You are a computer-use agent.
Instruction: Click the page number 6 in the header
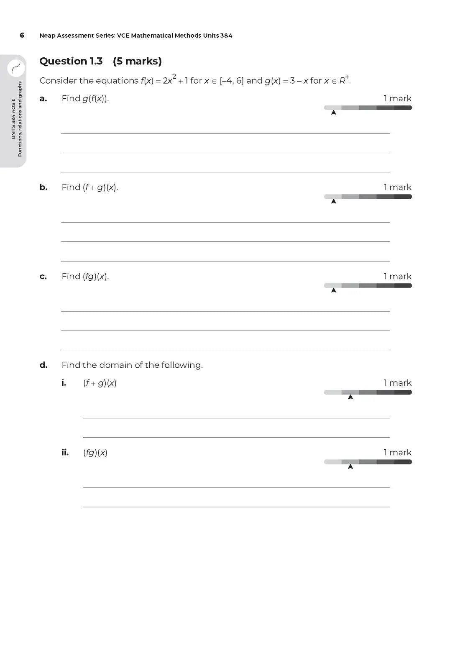(22, 35)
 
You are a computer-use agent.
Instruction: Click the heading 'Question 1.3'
(71, 61)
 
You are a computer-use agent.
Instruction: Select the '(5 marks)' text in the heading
(137, 61)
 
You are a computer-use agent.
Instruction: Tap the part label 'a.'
(43, 99)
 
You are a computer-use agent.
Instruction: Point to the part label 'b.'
(43, 187)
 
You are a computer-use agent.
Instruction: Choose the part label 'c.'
(43, 277)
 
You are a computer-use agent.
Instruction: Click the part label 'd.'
(43, 365)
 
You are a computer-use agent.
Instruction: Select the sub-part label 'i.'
(64, 383)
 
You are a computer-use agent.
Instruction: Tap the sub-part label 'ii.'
(65, 452)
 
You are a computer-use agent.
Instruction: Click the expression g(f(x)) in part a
(95, 99)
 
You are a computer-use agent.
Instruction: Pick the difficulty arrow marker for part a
(334, 113)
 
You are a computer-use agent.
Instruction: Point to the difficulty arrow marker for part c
(334, 290)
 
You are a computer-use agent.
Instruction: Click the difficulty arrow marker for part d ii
(350, 466)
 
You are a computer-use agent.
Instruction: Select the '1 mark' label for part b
(397, 187)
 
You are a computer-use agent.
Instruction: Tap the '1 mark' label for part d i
(397, 383)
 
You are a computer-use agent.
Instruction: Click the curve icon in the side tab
(16, 68)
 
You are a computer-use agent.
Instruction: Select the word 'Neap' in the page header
(47, 36)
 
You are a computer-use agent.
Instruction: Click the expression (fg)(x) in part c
(96, 277)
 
